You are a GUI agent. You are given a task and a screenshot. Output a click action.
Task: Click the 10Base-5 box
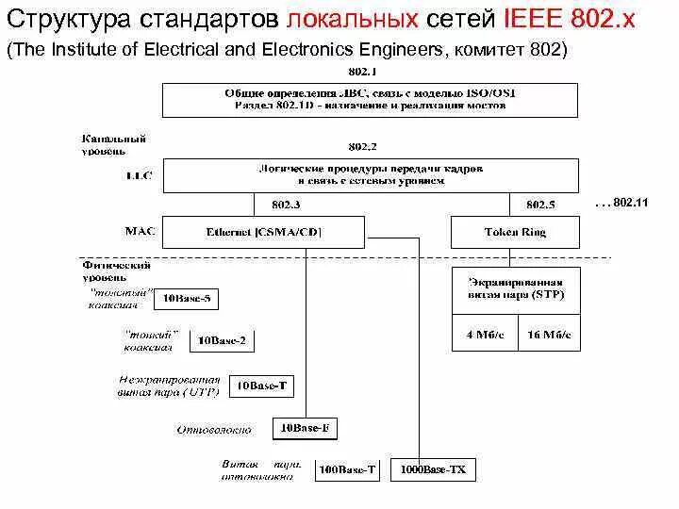pyautogui.click(x=187, y=300)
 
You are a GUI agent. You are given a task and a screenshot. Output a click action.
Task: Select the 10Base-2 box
pyautogui.click(x=224, y=340)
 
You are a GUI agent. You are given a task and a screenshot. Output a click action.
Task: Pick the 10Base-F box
pyautogui.click(x=304, y=428)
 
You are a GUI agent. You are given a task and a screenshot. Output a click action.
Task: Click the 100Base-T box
pyautogui.click(x=348, y=468)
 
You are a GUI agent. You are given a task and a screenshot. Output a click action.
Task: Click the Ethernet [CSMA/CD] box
pyautogui.click(x=263, y=232)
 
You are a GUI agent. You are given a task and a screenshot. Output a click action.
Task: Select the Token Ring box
pyautogui.click(x=515, y=232)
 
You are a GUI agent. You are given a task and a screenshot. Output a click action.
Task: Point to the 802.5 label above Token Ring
pyautogui.click(x=540, y=204)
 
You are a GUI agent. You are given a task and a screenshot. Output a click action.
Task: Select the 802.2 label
pyautogui.click(x=362, y=146)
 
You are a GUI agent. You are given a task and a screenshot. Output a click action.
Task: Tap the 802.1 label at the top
pyautogui.click(x=362, y=72)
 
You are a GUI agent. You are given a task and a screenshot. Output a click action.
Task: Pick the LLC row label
pyautogui.click(x=138, y=174)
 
